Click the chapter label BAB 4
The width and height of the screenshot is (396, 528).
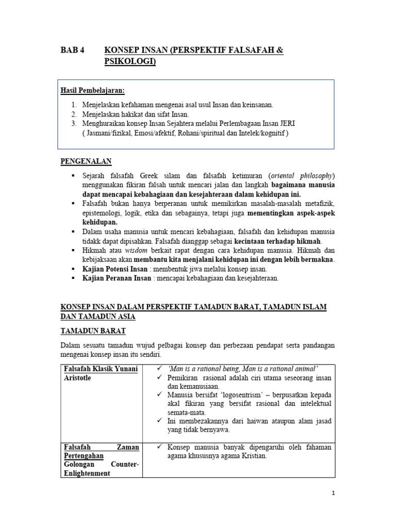tap(72, 50)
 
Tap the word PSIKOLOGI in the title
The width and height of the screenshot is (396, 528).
tap(129, 62)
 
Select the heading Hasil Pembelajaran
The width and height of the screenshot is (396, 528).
tap(93, 91)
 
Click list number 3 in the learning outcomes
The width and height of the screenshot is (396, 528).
tap(74, 123)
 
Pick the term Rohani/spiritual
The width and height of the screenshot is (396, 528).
tap(189, 133)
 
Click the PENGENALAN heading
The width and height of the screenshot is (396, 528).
tap(86, 162)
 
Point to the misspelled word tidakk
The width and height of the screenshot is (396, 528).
tap(92, 240)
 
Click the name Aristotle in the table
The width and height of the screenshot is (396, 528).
tap(77, 378)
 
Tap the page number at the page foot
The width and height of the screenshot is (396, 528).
tap(334, 493)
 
